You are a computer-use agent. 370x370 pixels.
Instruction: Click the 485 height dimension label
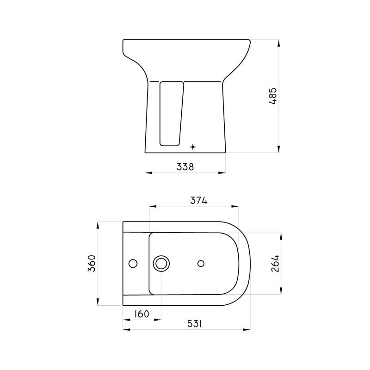(x=272, y=96)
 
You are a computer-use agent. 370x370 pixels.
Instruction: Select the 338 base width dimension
(x=185, y=166)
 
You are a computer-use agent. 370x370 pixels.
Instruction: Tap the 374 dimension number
(x=199, y=200)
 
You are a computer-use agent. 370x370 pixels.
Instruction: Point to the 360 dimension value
(x=92, y=264)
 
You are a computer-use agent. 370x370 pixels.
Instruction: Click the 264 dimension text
(x=275, y=264)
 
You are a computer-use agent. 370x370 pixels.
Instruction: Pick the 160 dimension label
(x=141, y=314)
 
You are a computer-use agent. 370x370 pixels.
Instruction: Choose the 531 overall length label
(x=195, y=324)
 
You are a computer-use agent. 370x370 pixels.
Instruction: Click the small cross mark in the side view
(x=193, y=147)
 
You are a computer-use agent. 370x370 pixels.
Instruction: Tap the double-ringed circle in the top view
(x=161, y=263)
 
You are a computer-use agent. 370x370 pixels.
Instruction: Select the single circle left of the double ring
(x=133, y=264)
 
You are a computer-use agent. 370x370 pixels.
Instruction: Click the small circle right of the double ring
(x=201, y=263)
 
